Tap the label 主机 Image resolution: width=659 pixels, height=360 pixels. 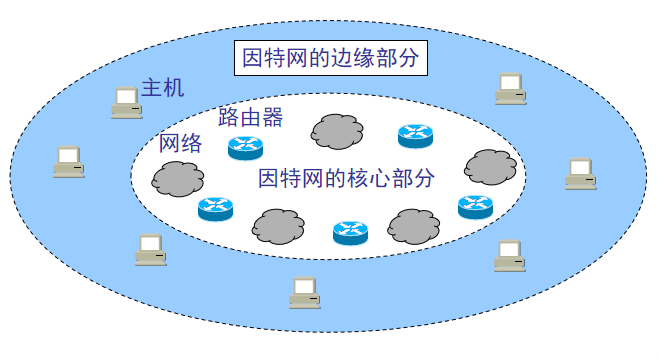pyautogui.click(x=163, y=88)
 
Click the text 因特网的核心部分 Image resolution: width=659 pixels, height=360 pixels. pyautogui.click(x=347, y=179)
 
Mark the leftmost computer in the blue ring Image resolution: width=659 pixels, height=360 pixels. pyautogui.click(x=68, y=161)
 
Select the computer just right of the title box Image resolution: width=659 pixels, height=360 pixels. pyautogui.click(x=510, y=89)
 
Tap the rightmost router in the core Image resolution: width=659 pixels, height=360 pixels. pyautogui.click(x=474, y=206)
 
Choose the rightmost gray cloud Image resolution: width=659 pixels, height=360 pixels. pyautogui.click(x=490, y=165)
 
